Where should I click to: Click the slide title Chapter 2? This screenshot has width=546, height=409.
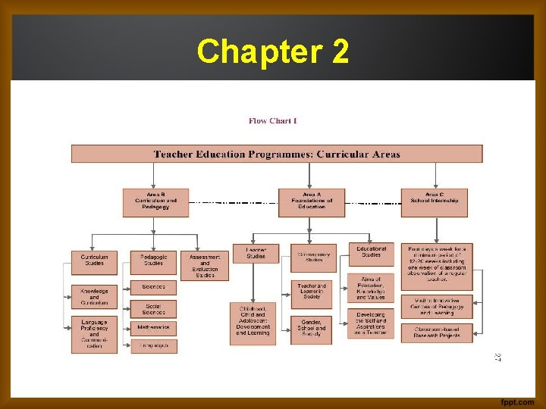273,52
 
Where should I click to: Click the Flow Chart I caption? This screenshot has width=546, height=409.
273,120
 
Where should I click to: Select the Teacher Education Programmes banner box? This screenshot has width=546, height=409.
277,154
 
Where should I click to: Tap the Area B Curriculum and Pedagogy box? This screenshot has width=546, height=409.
155,202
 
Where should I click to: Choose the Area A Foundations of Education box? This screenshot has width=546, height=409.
311,202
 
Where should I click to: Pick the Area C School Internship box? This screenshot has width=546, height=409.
435,202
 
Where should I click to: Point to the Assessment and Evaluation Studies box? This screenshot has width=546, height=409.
205,266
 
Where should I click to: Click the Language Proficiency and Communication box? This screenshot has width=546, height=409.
94,334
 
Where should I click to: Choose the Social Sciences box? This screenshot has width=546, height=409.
153,308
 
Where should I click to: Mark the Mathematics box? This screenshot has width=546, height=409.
153,328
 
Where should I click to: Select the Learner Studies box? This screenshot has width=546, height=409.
256,253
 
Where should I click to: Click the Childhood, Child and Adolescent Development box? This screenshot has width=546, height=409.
253,321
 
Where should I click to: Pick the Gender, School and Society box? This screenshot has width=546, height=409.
311,329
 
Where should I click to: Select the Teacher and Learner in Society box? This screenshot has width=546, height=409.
311,292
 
